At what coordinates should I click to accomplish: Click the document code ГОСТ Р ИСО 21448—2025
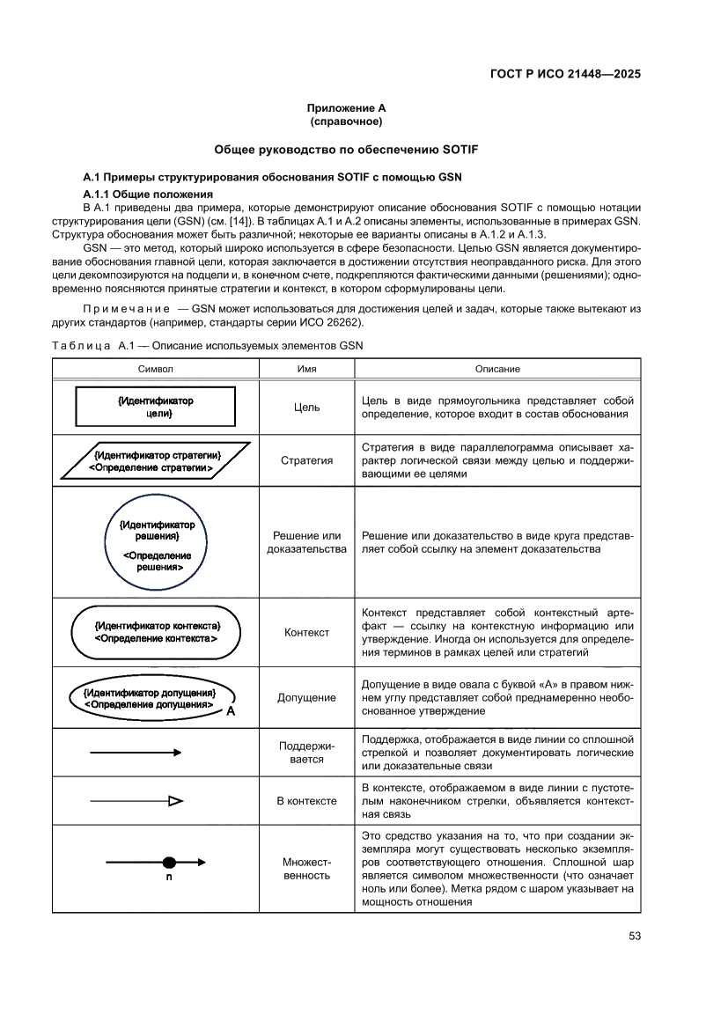(x=564, y=74)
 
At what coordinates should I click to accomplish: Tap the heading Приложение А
(x=341, y=107)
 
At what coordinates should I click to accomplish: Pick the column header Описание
(x=497, y=369)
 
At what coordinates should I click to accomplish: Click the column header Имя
(x=306, y=369)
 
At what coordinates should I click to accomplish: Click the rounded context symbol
(x=156, y=631)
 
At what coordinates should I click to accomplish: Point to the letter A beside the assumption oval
(x=230, y=711)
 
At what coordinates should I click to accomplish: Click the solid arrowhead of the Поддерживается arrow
(x=177, y=753)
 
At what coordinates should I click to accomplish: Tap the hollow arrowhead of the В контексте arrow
(x=175, y=801)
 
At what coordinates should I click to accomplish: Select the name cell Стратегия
(x=306, y=460)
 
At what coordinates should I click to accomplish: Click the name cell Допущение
(x=306, y=697)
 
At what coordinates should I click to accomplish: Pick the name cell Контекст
(x=306, y=632)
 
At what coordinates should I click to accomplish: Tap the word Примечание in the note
(x=125, y=309)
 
